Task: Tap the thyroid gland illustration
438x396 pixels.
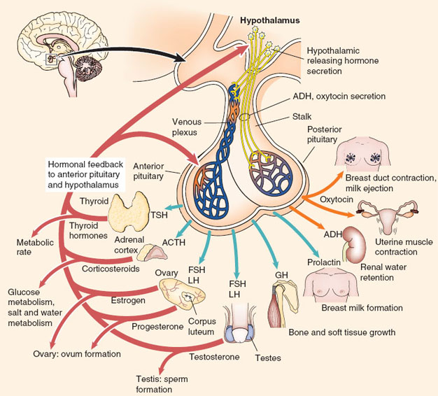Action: [129, 211]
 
